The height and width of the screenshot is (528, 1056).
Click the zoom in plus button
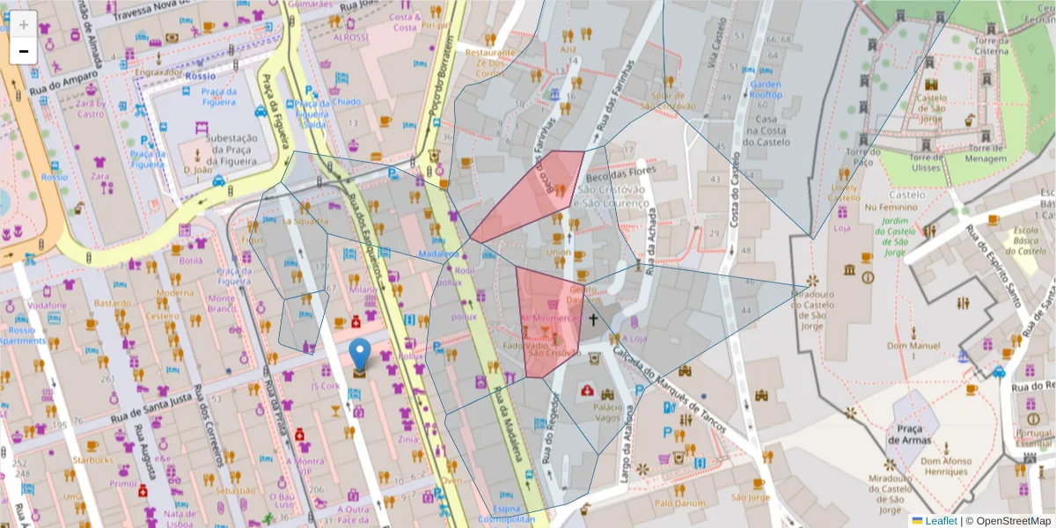click(x=23, y=25)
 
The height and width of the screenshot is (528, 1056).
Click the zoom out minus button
click(x=23, y=51)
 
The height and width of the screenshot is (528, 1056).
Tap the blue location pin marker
click(x=360, y=355)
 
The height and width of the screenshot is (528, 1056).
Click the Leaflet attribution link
click(x=941, y=521)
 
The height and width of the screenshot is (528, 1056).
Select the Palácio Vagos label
click(x=613, y=413)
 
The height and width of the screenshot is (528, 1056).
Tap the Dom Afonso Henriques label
click(x=946, y=466)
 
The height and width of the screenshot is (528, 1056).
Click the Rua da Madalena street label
click(x=508, y=430)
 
